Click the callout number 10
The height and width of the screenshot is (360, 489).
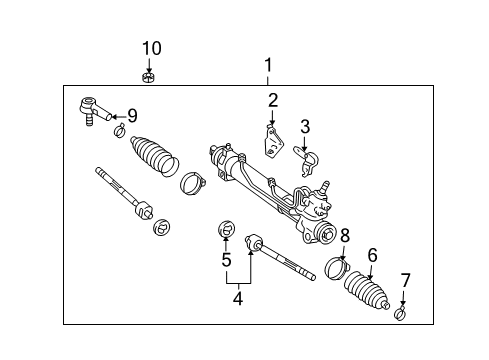click(x=150, y=48)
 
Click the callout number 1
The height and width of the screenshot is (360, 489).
click(x=268, y=67)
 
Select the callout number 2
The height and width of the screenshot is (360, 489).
click(x=271, y=99)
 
